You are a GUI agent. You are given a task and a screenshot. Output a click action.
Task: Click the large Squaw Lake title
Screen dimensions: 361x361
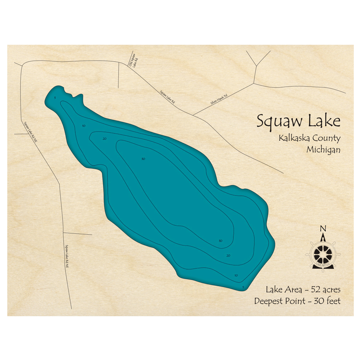point(298,121)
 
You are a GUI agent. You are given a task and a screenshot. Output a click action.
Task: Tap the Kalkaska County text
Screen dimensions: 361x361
point(309,138)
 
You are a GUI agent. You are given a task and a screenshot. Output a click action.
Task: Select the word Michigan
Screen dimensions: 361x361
point(323,149)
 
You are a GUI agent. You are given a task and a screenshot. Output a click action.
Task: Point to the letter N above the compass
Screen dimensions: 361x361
point(323,228)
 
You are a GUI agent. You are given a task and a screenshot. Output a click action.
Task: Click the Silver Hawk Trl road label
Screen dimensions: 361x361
point(219,99)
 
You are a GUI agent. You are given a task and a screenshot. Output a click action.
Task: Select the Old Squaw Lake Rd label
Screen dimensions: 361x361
point(133,60)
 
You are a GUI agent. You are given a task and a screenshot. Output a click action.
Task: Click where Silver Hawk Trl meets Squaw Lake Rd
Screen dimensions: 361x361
point(193,115)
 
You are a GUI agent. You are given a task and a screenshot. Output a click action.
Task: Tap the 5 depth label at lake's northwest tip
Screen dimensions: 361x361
point(55,98)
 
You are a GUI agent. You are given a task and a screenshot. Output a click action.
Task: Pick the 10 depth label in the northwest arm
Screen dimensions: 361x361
point(84,126)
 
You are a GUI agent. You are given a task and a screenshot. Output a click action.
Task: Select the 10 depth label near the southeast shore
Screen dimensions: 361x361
point(236,275)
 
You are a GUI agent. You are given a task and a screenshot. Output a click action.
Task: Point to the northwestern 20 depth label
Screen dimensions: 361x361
point(104,139)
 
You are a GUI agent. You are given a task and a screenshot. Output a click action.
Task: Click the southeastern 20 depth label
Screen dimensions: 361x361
point(228,256)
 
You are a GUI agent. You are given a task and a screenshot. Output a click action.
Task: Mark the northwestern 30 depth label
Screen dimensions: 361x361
point(143,159)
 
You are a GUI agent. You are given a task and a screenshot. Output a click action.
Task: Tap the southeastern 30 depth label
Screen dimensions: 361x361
point(220,241)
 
